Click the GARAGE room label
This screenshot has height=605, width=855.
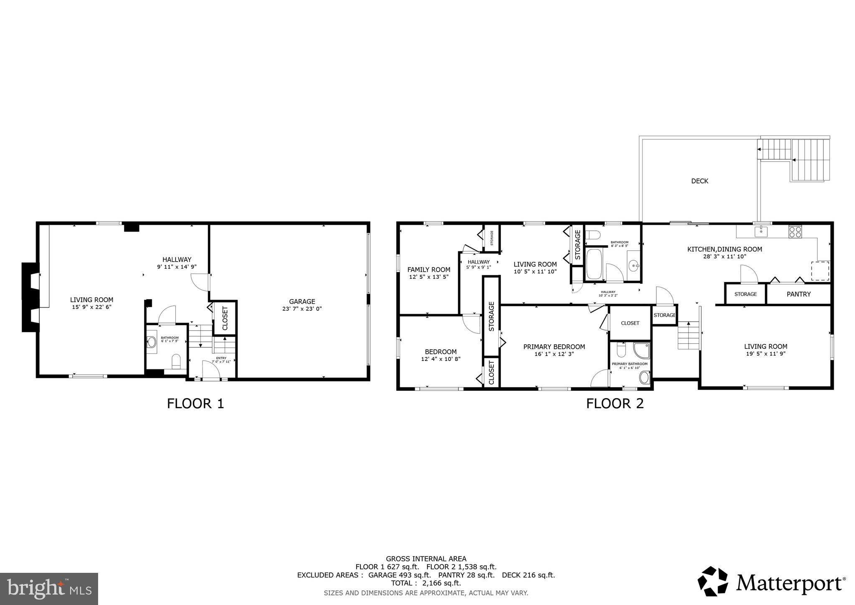[x=302, y=301]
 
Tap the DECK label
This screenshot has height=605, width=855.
[x=700, y=181]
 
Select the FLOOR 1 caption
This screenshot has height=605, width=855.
[x=195, y=404]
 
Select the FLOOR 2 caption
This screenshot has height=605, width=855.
[x=615, y=404]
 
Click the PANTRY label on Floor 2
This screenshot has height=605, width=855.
[x=798, y=294]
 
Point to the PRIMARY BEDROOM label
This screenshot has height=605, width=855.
[x=554, y=347]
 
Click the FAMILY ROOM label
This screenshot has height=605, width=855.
[x=428, y=269]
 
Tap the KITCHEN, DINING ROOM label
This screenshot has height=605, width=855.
[x=724, y=249]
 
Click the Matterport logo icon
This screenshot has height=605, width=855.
[x=713, y=581]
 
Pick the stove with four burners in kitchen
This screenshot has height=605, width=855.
[x=795, y=231]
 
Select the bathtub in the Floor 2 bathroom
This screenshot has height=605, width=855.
[x=594, y=264]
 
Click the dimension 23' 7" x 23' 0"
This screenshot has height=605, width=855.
[x=302, y=309]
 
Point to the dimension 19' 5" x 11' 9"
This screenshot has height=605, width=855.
[x=765, y=353]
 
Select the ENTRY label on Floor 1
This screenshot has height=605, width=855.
[x=221, y=358]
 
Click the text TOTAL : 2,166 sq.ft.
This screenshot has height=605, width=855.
[x=426, y=583]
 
